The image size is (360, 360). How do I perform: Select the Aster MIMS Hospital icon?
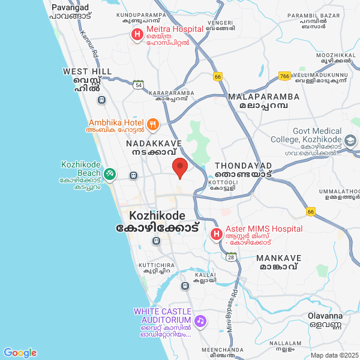[216, 233]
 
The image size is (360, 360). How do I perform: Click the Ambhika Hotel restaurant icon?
[153, 125]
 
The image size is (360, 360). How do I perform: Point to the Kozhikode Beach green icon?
[109, 174]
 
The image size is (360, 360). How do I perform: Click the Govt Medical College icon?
[350, 141]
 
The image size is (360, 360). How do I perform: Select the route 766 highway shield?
[285, 76]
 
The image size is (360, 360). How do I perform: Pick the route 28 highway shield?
[232, 257]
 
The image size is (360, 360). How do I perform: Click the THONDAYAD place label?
[243, 165]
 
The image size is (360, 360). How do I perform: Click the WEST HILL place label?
[87, 71]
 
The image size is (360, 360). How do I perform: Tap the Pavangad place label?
[70, 7]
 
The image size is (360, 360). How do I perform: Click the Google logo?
[20, 353]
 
